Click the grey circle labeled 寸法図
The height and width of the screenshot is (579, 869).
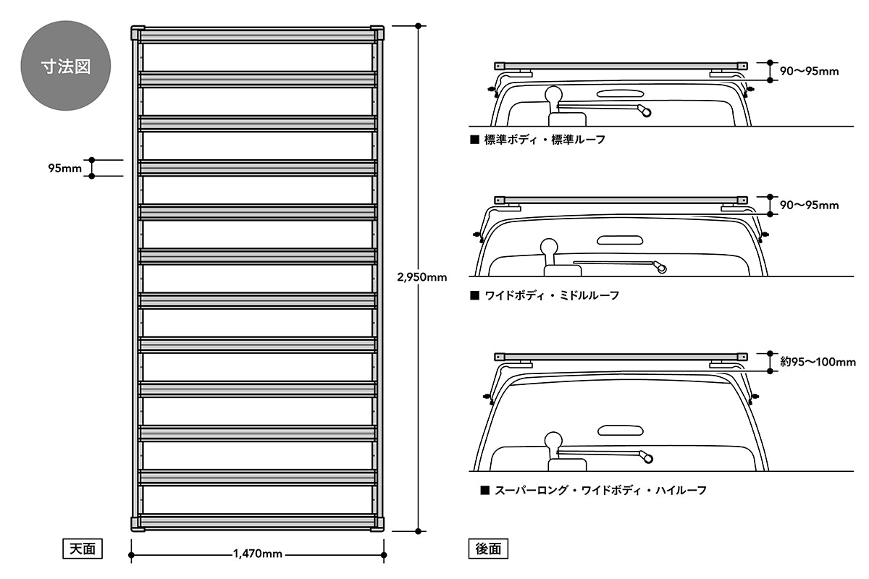coord(65,67)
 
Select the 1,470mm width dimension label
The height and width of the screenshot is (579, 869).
coord(257,554)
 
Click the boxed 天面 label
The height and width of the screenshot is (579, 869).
coord(80,549)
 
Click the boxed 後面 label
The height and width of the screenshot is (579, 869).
coord(488,549)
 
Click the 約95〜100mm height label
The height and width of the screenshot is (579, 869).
coord(817,361)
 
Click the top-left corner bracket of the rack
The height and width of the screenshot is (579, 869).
coord(137,34)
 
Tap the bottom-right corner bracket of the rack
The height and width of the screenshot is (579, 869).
coord(377,523)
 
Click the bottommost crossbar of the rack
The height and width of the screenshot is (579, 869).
coord(257,522)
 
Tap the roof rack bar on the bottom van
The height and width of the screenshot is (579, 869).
coord(619,357)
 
